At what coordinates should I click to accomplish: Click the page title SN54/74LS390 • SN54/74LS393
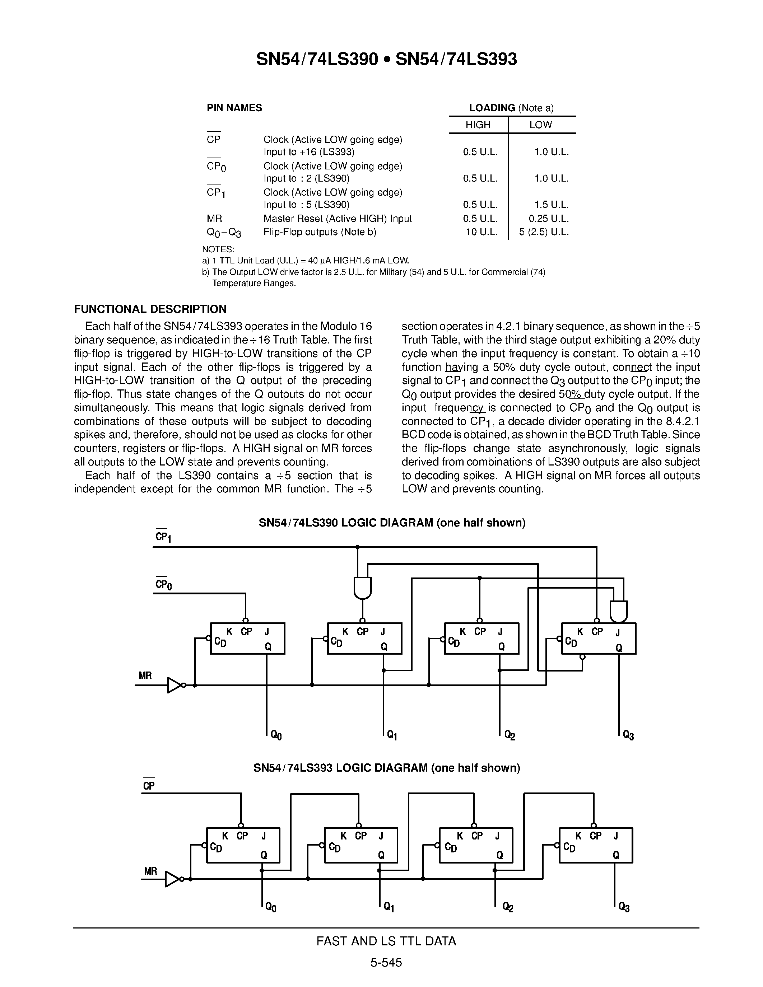(x=386, y=59)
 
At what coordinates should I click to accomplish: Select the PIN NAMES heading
(x=234, y=108)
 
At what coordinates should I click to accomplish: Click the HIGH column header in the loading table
(x=478, y=125)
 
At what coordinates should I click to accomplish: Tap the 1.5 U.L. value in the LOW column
(x=551, y=205)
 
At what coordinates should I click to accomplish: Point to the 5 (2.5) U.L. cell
(x=543, y=232)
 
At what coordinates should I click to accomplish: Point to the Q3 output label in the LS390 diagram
(x=628, y=735)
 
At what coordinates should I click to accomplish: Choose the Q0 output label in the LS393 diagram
(x=271, y=907)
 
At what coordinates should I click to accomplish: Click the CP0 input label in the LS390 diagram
(x=163, y=585)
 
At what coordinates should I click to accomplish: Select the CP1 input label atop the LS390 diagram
(x=163, y=537)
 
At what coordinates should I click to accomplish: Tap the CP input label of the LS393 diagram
(x=149, y=786)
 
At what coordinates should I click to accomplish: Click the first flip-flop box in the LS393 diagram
(x=243, y=845)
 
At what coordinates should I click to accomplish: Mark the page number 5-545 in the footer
(x=386, y=963)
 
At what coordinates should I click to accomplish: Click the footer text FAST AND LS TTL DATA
(x=386, y=941)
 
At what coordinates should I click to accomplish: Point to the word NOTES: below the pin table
(x=218, y=249)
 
